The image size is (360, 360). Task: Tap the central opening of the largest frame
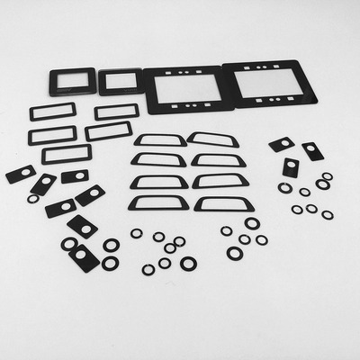[273, 85]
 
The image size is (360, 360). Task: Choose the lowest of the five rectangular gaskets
[66, 154]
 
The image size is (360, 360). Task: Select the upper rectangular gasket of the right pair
[117, 112]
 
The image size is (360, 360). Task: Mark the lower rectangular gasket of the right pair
[109, 131]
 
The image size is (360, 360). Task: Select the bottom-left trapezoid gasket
[158, 202]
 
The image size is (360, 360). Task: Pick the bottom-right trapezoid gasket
[221, 202]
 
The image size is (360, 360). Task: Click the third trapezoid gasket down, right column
[220, 181]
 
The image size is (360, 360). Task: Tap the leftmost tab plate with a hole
[21, 174]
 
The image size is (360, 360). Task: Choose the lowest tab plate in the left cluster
[84, 257]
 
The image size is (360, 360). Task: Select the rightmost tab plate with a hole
[312, 150]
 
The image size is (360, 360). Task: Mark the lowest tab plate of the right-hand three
[291, 167]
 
